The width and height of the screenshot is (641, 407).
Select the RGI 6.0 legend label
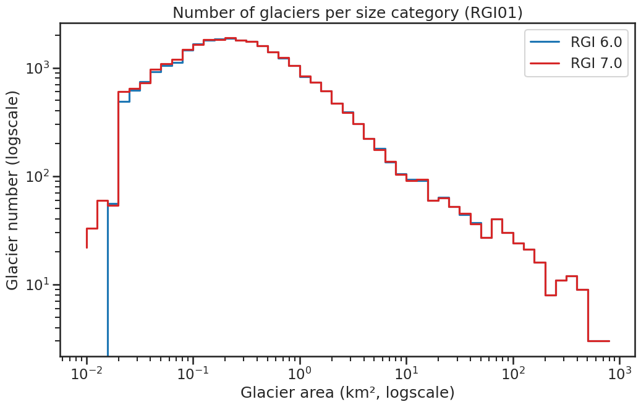(596, 42)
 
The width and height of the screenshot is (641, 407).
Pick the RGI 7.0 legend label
(596, 63)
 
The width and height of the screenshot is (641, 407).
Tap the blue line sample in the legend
(545, 42)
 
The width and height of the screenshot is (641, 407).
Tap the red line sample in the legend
(545, 63)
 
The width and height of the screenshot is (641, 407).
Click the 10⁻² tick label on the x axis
(87, 375)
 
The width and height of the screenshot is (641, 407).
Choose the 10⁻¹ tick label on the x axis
(193, 375)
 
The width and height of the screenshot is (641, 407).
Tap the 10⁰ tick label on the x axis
(300, 375)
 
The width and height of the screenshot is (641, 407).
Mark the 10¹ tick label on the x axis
(406, 375)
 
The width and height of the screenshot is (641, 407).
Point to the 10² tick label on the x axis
(512, 375)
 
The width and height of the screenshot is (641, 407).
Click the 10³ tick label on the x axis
(619, 375)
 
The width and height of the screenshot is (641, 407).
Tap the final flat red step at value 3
(598, 341)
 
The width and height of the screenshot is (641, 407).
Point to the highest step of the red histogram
(231, 38)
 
